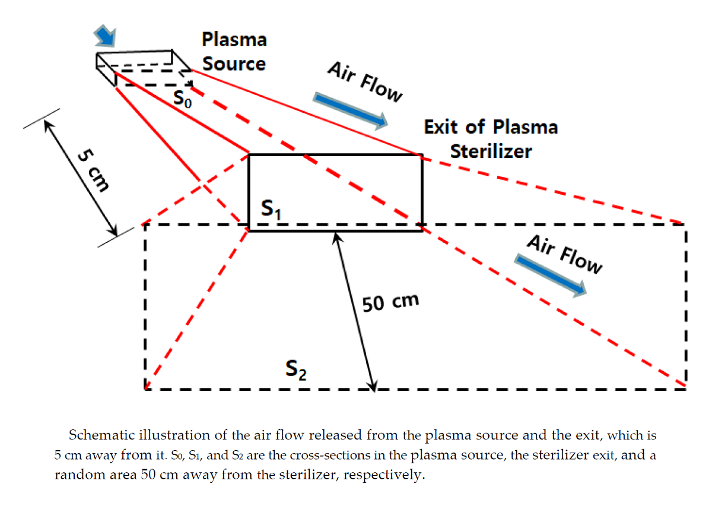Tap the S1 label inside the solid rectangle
pyautogui.click(x=271, y=209)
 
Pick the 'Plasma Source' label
pyautogui.click(x=234, y=51)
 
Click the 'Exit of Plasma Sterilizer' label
pyautogui.click(x=491, y=138)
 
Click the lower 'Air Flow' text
pyautogui.click(x=564, y=254)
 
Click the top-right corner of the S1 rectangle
pyautogui.click(x=422, y=155)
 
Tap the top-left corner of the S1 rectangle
pyautogui.click(x=249, y=155)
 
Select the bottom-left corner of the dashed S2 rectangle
pyautogui.click(x=145, y=390)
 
